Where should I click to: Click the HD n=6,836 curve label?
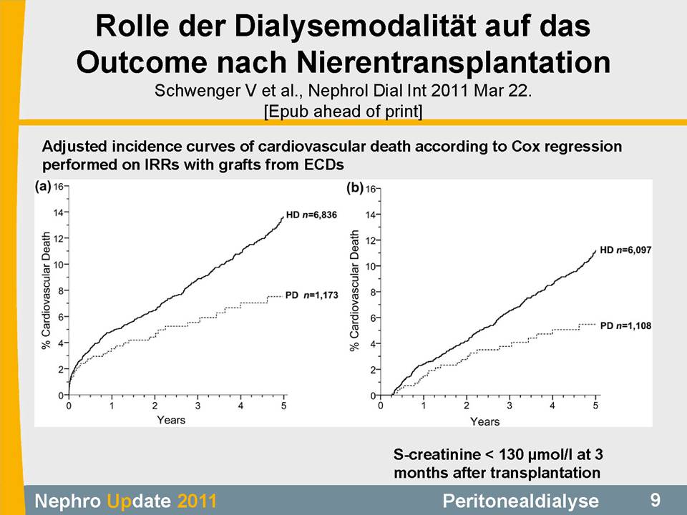pos(311,215)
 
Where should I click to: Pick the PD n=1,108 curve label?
pos(625,325)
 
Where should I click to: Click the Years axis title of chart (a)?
pos(171,420)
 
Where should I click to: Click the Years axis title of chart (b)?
pos(484,421)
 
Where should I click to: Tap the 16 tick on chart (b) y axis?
pos(371,190)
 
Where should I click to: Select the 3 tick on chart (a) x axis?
pos(198,406)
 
